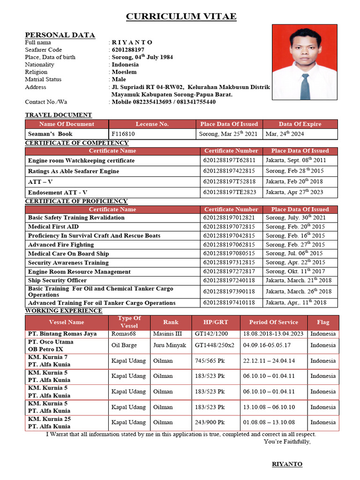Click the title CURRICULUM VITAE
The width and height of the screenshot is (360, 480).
181,17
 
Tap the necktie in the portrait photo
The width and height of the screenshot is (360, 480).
305,85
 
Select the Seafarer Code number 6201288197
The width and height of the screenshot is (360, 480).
127,50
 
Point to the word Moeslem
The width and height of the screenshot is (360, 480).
124,72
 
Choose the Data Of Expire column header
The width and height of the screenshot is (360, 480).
300,124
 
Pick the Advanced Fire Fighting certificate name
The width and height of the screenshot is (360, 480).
61,245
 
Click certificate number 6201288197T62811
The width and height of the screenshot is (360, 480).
230,160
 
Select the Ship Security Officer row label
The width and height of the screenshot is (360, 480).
57,280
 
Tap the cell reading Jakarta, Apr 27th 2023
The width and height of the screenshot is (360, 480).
294,192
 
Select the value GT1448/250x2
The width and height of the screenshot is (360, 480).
215,345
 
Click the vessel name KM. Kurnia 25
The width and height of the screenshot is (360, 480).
50,419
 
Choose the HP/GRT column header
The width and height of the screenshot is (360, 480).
216,322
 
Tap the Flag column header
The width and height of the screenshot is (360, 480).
323,322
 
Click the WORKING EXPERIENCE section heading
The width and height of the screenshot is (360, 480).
63,311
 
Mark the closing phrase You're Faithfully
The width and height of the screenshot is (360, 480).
287,442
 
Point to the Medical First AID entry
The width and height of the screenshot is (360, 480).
53,226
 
